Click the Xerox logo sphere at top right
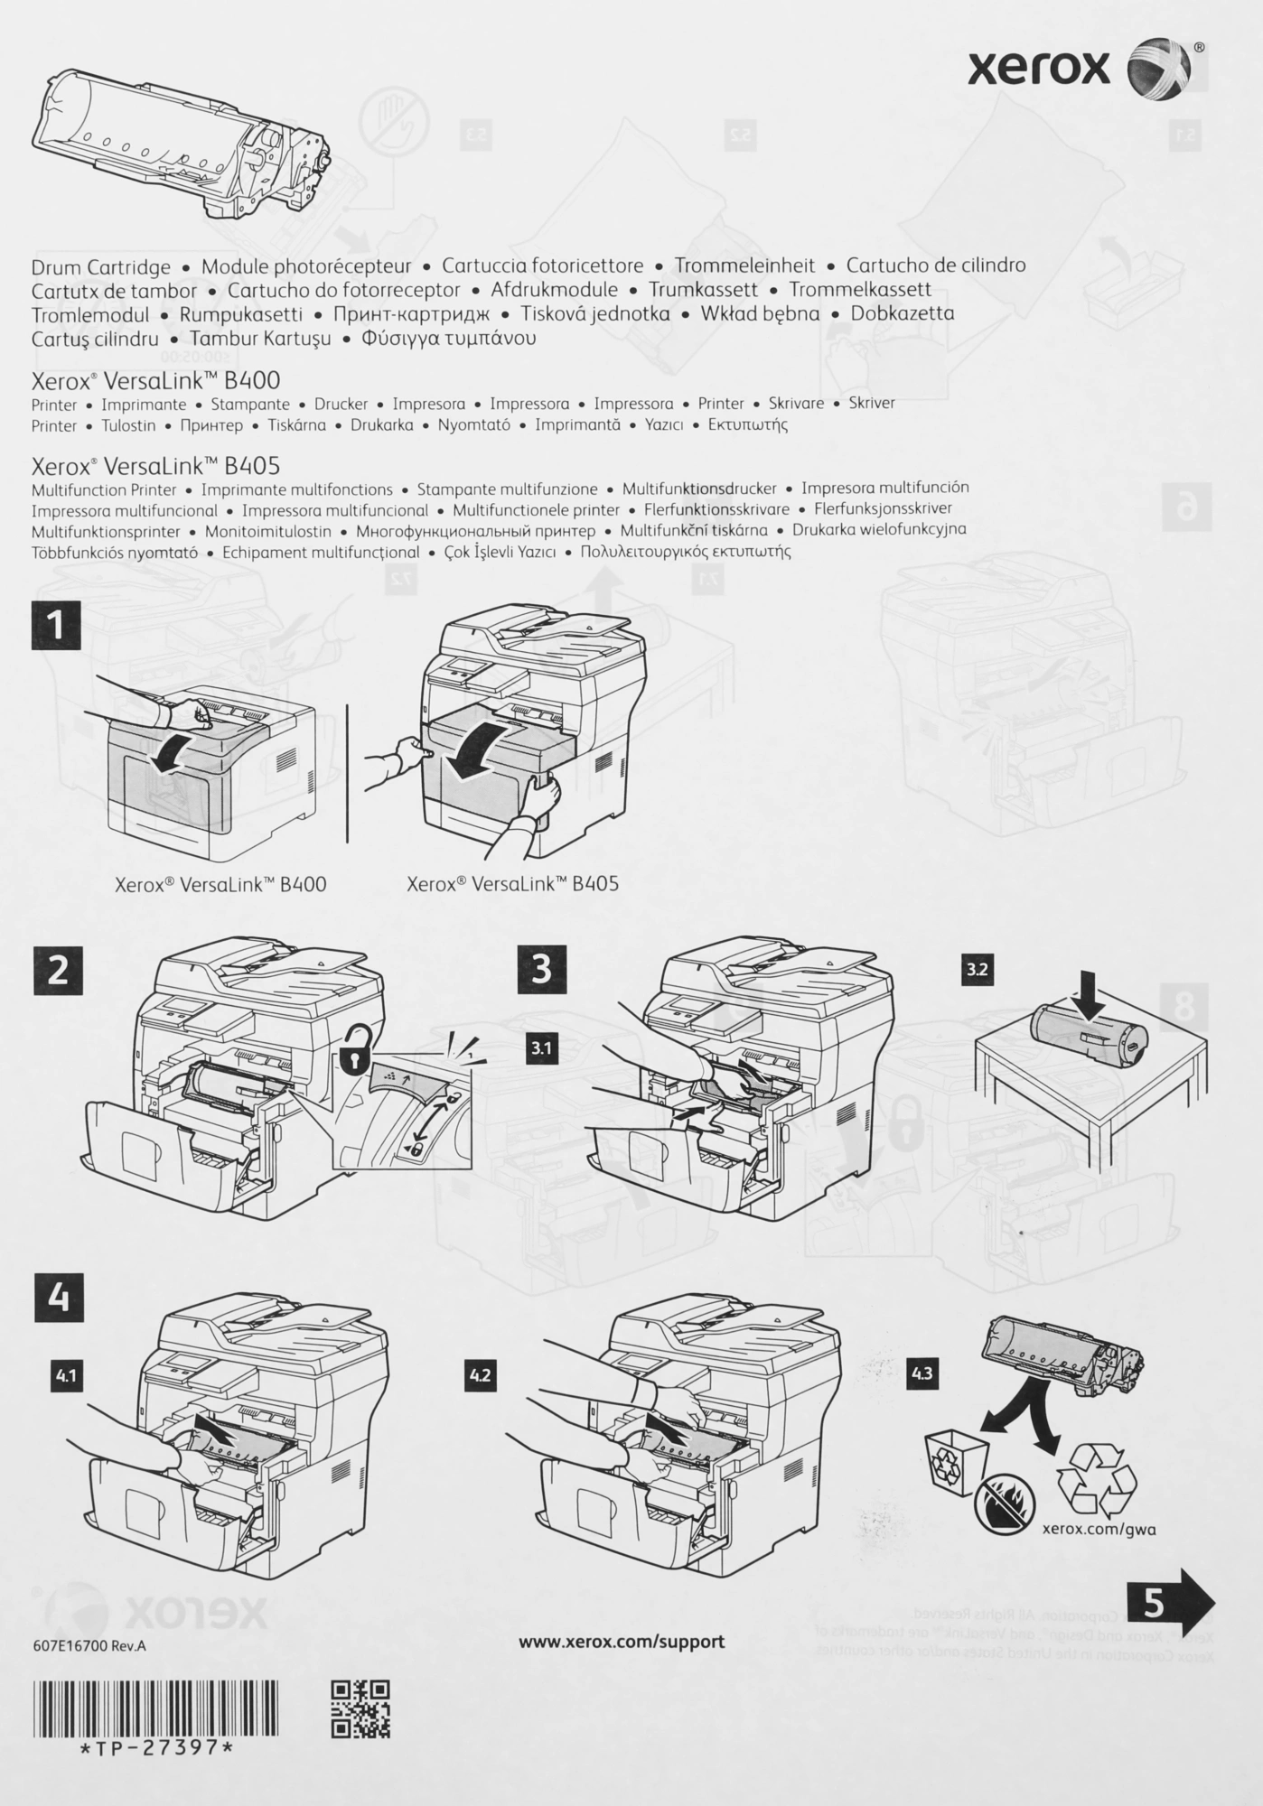pos(1158,69)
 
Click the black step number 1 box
pos(56,625)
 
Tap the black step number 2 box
pos(58,970)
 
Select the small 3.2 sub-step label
pos(977,970)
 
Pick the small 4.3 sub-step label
pos(922,1373)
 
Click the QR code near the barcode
pos(360,1708)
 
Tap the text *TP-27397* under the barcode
pos(155,1747)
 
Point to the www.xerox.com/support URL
pos(621,1641)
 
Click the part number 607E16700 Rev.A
pos(89,1645)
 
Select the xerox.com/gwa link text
pos(1099,1529)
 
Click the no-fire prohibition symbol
pos(1003,1504)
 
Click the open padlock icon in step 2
pos(356,1051)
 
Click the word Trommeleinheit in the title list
pos(744,265)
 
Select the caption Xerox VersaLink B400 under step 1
pos(220,884)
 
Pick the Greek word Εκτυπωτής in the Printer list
pos(747,424)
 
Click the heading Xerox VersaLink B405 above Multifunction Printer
pos(155,466)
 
